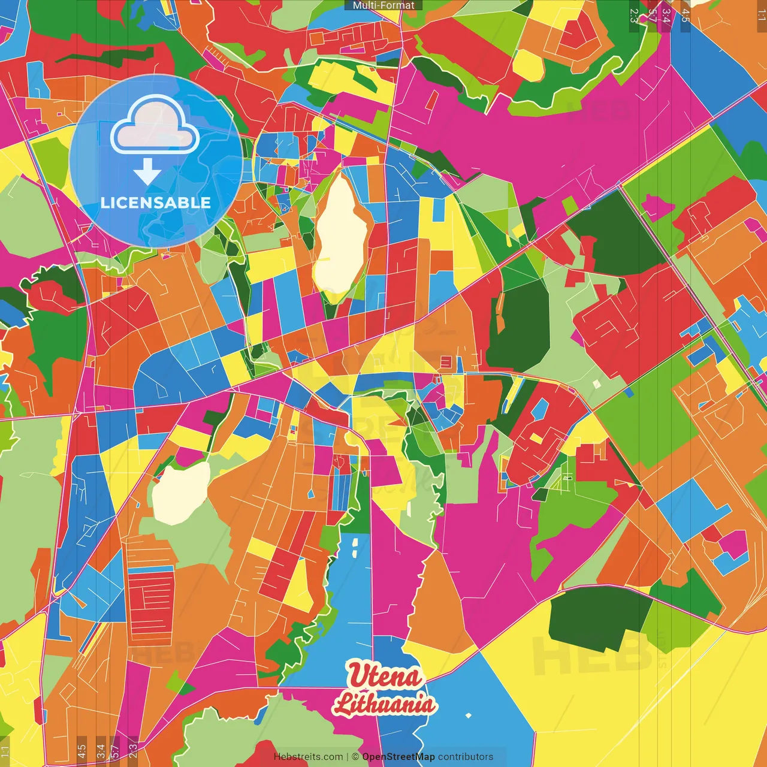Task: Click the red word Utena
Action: [x=385, y=676]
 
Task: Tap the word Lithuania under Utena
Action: [x=385, y=703]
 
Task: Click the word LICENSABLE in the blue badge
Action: [x=156, y=203]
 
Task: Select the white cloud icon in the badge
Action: [x=155, y=127]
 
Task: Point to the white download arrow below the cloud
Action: [x=147, y=171]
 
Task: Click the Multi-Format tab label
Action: [x=383, y=5]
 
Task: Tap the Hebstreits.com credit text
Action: [x=308, y=757]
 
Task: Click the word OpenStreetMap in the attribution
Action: [x=398, y=757]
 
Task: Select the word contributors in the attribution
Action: [x=466, y=757]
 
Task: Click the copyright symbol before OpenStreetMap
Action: [x=355, y=757]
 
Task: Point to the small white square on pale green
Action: [x=596, y=383]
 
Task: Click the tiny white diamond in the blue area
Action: [x=468, y=715]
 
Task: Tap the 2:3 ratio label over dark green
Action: [x=634, y=15]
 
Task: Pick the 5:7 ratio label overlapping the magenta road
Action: [x=652, y=15]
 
